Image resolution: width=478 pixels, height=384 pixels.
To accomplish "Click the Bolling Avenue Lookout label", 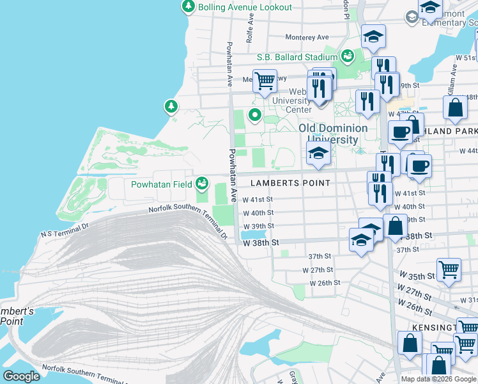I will click(245, 7).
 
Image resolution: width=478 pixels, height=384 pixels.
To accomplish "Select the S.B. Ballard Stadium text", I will click(297, 57).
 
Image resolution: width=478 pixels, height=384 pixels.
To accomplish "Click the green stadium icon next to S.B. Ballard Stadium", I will click(347, 56).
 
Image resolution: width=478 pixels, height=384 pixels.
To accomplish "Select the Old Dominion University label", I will click(333, 134).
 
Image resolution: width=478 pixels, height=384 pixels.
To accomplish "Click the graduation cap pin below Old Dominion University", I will click(318, 154).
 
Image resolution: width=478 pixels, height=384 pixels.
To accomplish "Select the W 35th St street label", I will click(417, 276).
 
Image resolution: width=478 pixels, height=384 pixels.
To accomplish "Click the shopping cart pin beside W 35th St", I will click(449, 269).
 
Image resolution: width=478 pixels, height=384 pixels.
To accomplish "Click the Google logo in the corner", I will click(21, 376).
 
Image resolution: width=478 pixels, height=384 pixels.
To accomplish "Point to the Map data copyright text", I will click(438, 379).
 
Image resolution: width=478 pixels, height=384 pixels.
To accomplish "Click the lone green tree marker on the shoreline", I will click(171, 106).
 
